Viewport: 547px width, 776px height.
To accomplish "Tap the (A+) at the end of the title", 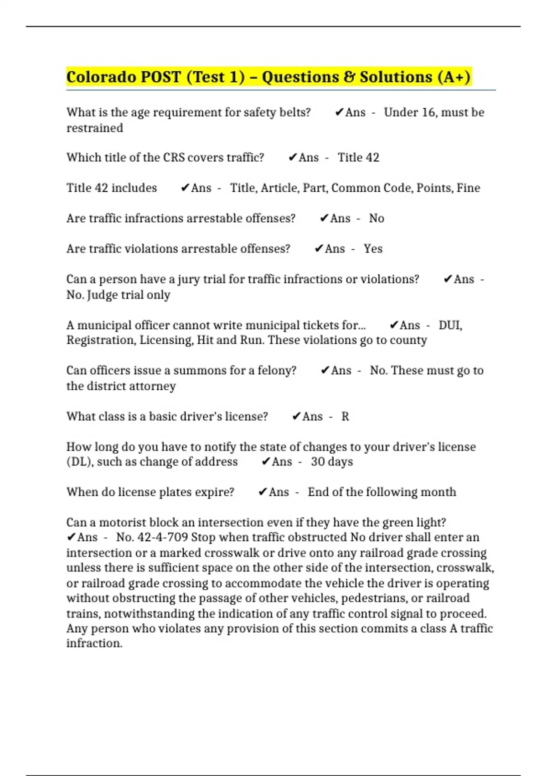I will coord(454,77).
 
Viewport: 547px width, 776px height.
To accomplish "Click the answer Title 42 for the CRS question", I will coord(358,157).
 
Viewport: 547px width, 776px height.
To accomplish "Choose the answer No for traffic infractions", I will coord(377,218).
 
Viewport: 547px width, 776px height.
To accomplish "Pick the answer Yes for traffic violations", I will coord(373,249).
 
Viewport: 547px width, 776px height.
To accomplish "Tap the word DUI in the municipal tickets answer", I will coord(450,325).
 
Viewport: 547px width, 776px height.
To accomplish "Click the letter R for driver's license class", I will coord(345,416).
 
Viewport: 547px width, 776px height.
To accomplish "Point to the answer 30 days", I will coord(332,461).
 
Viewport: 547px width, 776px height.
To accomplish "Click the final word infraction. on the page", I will coord(94,644).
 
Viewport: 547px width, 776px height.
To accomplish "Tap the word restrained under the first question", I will coord(95,128).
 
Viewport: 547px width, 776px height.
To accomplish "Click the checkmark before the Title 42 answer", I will coord(293,157).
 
